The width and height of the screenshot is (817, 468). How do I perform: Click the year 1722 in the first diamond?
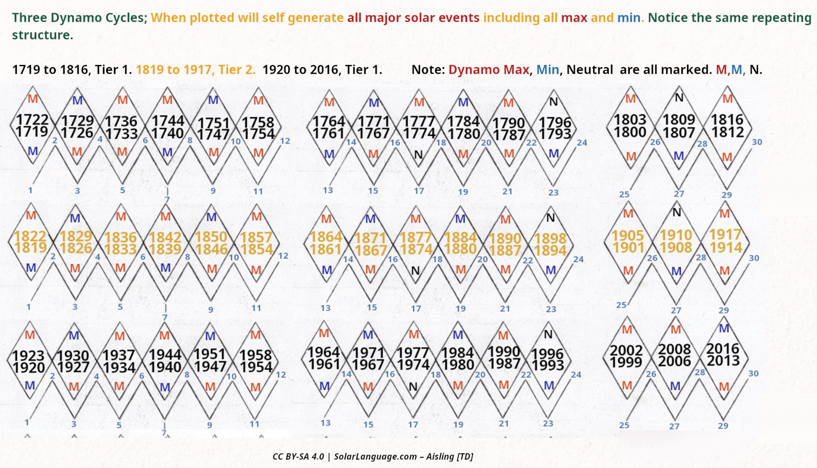(32, 120)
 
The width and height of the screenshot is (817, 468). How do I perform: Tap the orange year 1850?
(211, 237)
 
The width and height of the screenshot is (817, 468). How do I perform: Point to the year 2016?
(723, 349)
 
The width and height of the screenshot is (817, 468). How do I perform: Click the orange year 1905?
(628, 236)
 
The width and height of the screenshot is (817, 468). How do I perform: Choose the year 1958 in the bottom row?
(255, 355)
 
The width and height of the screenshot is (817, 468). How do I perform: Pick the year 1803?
(630, 120)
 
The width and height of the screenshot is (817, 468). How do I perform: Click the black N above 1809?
(679, 98)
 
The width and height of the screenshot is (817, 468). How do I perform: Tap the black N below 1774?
(418, 155)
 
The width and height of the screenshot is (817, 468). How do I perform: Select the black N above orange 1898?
(551, 218)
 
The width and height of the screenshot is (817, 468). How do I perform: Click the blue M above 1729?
(77, 100)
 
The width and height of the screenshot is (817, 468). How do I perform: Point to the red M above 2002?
(627, 330)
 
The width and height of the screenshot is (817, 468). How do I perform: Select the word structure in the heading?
(43, 35)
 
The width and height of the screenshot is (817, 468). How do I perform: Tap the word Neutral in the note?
(590, 70)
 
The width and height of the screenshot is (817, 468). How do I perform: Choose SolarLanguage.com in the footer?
(375, 456)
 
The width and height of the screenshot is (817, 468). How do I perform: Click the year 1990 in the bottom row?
(504, 352)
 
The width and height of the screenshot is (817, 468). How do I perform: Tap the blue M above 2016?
(724, 329)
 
